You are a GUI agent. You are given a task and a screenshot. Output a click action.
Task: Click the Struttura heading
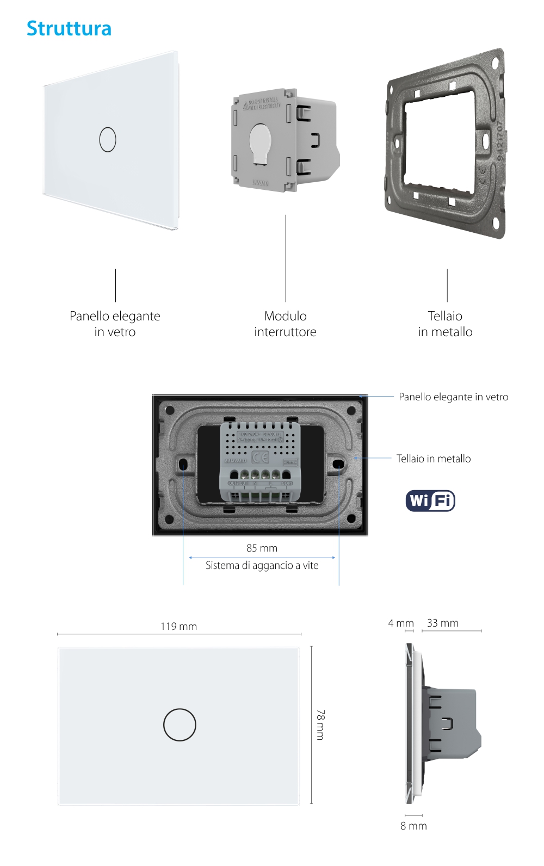pyautogui.click(x=69, y=28)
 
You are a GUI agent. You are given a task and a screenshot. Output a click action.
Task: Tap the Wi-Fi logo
pyautogui.click(x=430, y=500)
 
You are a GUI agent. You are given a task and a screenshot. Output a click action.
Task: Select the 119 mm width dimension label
pyautogui.click(x=178, y=626)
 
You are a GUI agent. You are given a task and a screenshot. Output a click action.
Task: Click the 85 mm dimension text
pyautogui.click(x=262, y=548)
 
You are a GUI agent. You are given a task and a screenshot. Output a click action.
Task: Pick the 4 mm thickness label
pyautogui.click(x=401, y=623)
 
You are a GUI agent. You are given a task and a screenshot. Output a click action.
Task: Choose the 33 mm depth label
pyautogui.click(x=442, y=623)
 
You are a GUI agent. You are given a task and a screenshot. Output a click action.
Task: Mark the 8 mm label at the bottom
pyautogui.click(x=413, y=826)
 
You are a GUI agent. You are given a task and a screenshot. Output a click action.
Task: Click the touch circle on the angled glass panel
pyautogui.click(x=108, y=139)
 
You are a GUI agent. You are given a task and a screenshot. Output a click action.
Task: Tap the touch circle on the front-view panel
pyautogui.click(x=180, y=725)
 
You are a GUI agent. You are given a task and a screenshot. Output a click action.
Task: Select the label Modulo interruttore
pyautogui.click(x=285, y=324)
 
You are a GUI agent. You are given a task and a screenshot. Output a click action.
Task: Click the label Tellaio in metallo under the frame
pyautogui.click(x=445, y=324)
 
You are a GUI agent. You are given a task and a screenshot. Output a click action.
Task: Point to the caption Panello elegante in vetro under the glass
pyautogui.click(x=115, y=324)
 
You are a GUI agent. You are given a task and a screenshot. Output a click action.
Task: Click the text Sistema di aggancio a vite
pyautogui.click(x=262, y=565)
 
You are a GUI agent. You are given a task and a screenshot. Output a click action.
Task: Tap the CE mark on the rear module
pyautogui.click(x=260, y=457)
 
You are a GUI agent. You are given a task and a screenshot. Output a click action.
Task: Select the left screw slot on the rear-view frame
pyautogui.click(x=183, y=464)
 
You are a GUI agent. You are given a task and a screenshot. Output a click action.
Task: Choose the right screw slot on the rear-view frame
pyautogui.click(x=338, y=464)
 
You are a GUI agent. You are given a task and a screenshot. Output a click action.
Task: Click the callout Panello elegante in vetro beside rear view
pyautogui.click(x=453, y=397)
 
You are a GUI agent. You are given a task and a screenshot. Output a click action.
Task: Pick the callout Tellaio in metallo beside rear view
pyautogui.click(x=433, y=459)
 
